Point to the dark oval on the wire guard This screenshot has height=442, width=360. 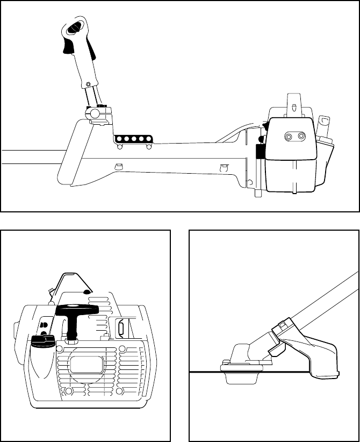click(87, 291)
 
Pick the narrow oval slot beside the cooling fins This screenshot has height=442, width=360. click(121, 328)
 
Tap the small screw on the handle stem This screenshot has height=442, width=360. click(88, 84)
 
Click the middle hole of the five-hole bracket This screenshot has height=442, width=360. click(133, 139)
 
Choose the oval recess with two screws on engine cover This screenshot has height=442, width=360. click(293, 138)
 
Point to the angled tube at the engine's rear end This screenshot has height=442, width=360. click(325, 128)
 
